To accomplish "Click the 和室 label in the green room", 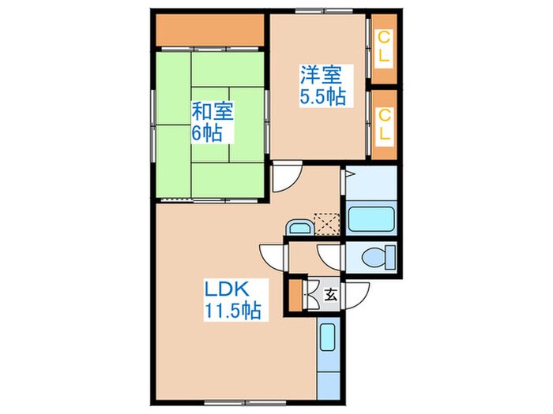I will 211,111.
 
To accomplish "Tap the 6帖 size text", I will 206,132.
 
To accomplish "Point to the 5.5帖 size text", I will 320,99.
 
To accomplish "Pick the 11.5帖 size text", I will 231,310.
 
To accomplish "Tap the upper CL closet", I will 384,48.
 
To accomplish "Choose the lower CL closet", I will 384,124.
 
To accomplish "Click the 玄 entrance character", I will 331,297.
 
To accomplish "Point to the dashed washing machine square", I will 324,224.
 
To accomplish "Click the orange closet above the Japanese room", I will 209,32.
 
